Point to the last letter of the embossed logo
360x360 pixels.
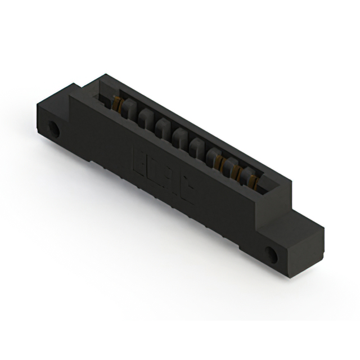tap(186, 191)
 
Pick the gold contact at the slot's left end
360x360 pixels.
tap(117, 103)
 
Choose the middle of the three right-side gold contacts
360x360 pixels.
tap(237, 171)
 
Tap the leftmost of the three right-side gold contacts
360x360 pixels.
tap(221, 163)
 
